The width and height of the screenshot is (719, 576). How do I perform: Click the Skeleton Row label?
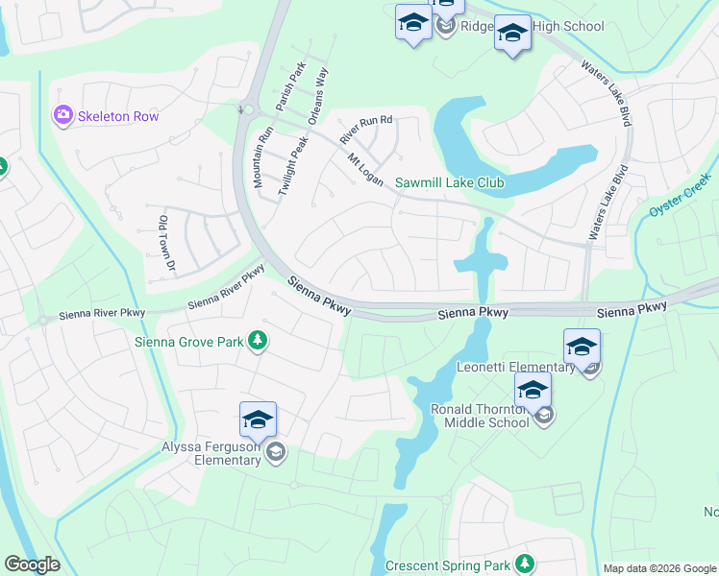tap(119, 116)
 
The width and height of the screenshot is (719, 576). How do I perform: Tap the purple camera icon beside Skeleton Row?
tap(63, 115)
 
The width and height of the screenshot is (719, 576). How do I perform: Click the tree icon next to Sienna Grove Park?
tap(258, 340)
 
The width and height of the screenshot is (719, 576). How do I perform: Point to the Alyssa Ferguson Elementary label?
tap(211, 452)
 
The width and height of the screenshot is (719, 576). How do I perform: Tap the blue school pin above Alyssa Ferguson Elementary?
tap(258, 421)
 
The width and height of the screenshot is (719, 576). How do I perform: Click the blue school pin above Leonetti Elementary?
tap(582, 348)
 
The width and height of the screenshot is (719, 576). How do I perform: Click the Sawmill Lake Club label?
tap(450, 182)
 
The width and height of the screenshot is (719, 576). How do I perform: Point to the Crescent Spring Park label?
tap(447, 565)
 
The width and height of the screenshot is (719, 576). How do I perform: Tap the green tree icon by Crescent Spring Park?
tap(524, 564)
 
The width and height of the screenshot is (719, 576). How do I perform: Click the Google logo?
tap(32, 564)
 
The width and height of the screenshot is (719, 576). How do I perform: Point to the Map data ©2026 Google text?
tap(658, 568)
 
